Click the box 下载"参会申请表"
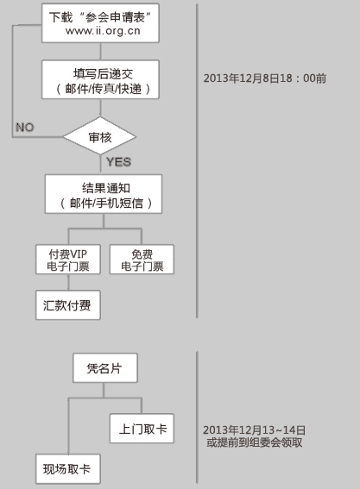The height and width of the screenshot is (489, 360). coord(100,23)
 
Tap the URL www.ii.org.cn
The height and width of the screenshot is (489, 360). coord(103,31)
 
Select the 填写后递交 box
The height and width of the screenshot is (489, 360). coord(100,80)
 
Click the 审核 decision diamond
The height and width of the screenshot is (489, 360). coord(99,136)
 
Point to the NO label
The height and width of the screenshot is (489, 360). coord(25,128)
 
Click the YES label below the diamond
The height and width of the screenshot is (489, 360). coord(118,162)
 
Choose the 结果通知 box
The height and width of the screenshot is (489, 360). coord(104,194)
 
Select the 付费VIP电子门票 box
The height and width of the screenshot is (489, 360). coord(68,260)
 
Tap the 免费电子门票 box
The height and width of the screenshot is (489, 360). coord(142,260)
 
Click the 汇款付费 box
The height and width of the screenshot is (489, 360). coord(68,305)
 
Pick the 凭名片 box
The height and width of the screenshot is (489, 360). coord(105,368)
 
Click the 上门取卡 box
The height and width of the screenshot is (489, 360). coord(142,429)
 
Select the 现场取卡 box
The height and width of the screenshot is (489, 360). coord(68,468)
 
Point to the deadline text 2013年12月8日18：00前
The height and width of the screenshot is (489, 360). coord(265,78)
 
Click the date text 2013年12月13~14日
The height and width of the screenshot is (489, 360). coord(254,430)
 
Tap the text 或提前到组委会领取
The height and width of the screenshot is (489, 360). coord(254,442)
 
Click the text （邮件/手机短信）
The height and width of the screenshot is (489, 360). coord(106,204)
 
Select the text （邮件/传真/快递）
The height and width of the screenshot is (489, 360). coord(104,89)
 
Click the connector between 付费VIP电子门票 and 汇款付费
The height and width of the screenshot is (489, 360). coord(68,282)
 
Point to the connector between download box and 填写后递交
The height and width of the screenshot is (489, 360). coord(100,52)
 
